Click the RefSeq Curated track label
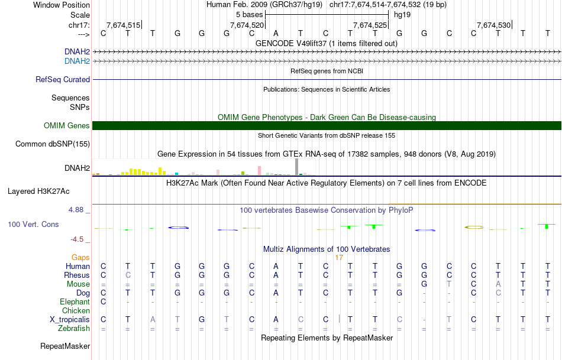click(63, 79)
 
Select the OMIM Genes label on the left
click(67, 125)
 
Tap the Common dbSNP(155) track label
click(53, 144)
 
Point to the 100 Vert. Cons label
click(33, 225)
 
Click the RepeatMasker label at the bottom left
click(65, 346)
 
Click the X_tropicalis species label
click(70, 319)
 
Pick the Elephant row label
click(75, 301)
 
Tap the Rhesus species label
click(77, 275)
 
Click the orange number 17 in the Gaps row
click(339, 258)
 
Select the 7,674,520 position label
click(247, 25)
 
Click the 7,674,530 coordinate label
click(493, 25)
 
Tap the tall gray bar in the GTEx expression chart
click(296, 167)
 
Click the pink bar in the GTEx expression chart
click(259, 170)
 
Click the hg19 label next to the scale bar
click(402, 14)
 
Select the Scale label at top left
click(80, 15)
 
